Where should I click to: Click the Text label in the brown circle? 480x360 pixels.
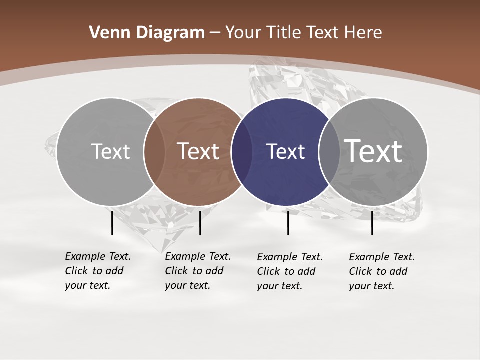(x=198, y=151)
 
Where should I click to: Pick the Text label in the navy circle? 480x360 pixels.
(x=285, y=152)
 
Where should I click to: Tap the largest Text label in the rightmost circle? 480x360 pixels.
(x=373, y=151)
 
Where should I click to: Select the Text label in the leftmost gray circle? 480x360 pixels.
(x=110, y=151)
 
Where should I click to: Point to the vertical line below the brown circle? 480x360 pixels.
(x=200, y=223)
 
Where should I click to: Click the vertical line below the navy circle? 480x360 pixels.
(x=288, y=223)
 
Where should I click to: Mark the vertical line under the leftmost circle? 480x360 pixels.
(x=112, y=223)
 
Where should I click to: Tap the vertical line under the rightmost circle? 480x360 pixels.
(x=372, y=223)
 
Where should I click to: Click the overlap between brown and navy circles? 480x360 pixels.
(x=241, y=152)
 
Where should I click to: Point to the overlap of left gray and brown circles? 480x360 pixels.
(x=154, y=152)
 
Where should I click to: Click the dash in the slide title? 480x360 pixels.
(x=215, y=33)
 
